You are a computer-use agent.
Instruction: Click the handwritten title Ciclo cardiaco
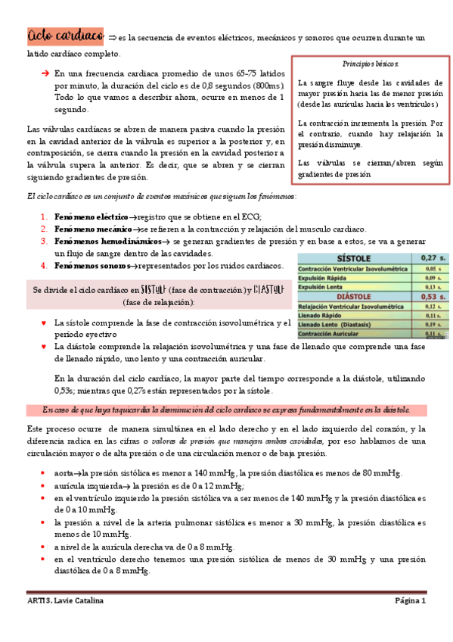65,36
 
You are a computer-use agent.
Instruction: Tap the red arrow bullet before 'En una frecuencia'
45,73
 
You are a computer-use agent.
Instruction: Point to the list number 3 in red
44,242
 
